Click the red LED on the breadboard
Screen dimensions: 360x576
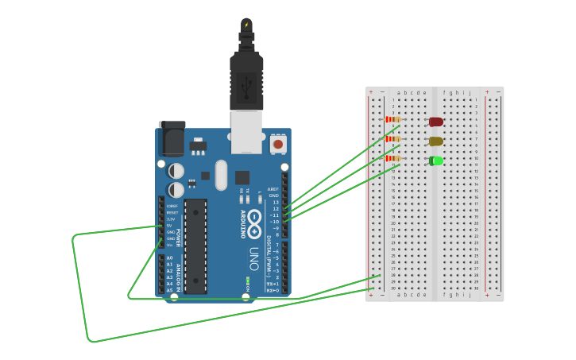tap(436, 122)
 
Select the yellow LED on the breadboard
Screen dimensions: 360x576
tap(436, 141)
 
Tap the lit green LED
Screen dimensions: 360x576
tap(436, 161)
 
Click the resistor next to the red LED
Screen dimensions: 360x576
tap(392, 120)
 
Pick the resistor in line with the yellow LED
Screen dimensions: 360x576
tap(392, 139)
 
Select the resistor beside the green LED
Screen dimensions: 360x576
tap(392, 158)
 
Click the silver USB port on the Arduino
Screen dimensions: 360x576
tap(246, 131)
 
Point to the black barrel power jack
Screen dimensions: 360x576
tap(172, 140)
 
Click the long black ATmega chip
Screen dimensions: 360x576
tap(196, 246)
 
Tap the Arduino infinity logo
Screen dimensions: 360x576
tap(254, 219)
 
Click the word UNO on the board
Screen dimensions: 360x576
tap(254, 258)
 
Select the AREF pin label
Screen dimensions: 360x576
tap(273, 189)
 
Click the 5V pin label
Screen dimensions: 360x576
tap(169, 226)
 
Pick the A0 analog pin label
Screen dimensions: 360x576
tap(169, 258)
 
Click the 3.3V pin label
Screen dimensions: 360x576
tap(170, 219)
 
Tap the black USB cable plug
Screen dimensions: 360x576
tap(246, 79)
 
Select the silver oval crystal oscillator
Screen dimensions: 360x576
tap(221, 175)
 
